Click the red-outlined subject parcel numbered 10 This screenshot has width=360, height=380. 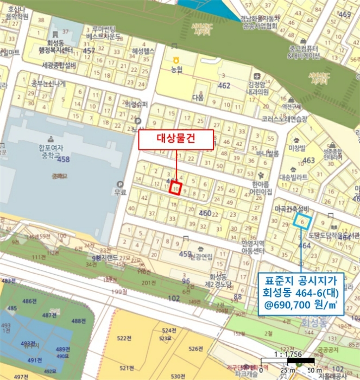[175, 188]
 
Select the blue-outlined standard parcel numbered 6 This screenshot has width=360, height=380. [301, 221]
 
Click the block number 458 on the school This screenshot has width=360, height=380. [64, 160]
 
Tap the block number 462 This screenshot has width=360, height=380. [224, 86]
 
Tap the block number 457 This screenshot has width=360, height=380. [89, 51]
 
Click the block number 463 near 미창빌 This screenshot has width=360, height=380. [308, 160]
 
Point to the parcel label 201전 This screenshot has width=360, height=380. [145, 283]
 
